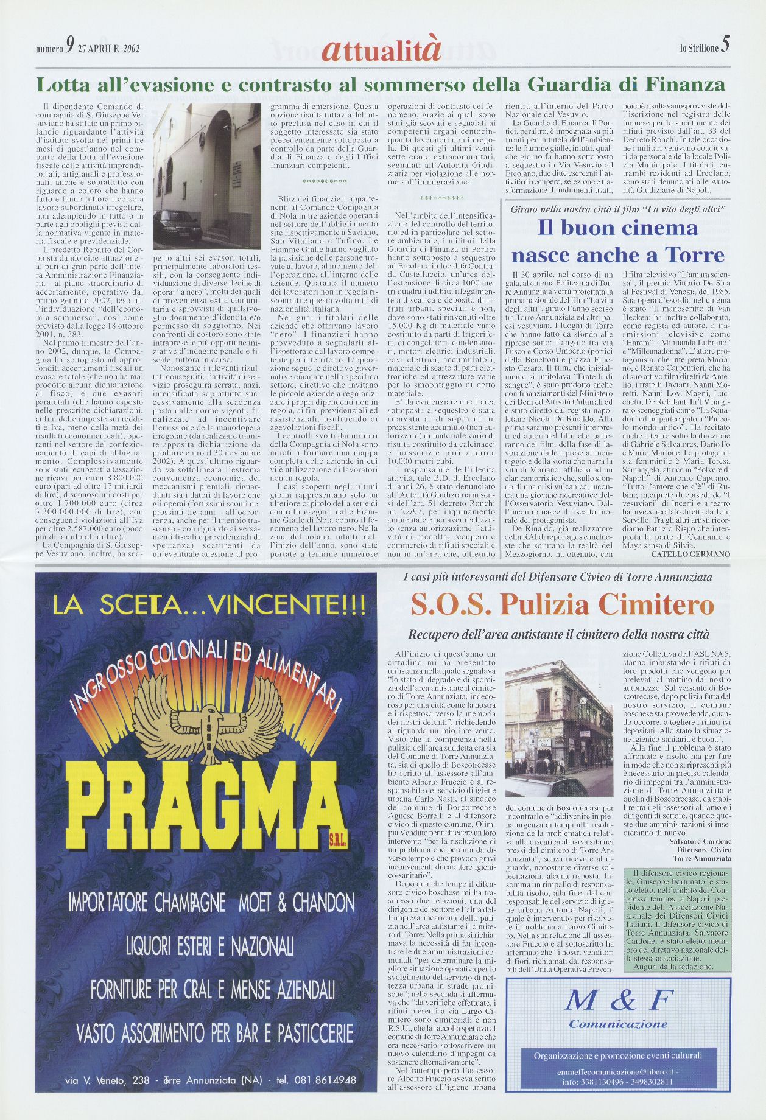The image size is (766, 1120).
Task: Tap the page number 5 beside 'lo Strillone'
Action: (725, 46)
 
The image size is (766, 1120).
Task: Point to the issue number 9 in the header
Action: (71, 46)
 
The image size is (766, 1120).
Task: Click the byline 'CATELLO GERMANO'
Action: (690, 554)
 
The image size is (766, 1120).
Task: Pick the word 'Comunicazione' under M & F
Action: (618, 1024)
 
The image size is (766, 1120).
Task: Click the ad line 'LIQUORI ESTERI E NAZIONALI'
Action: (209, 946)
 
